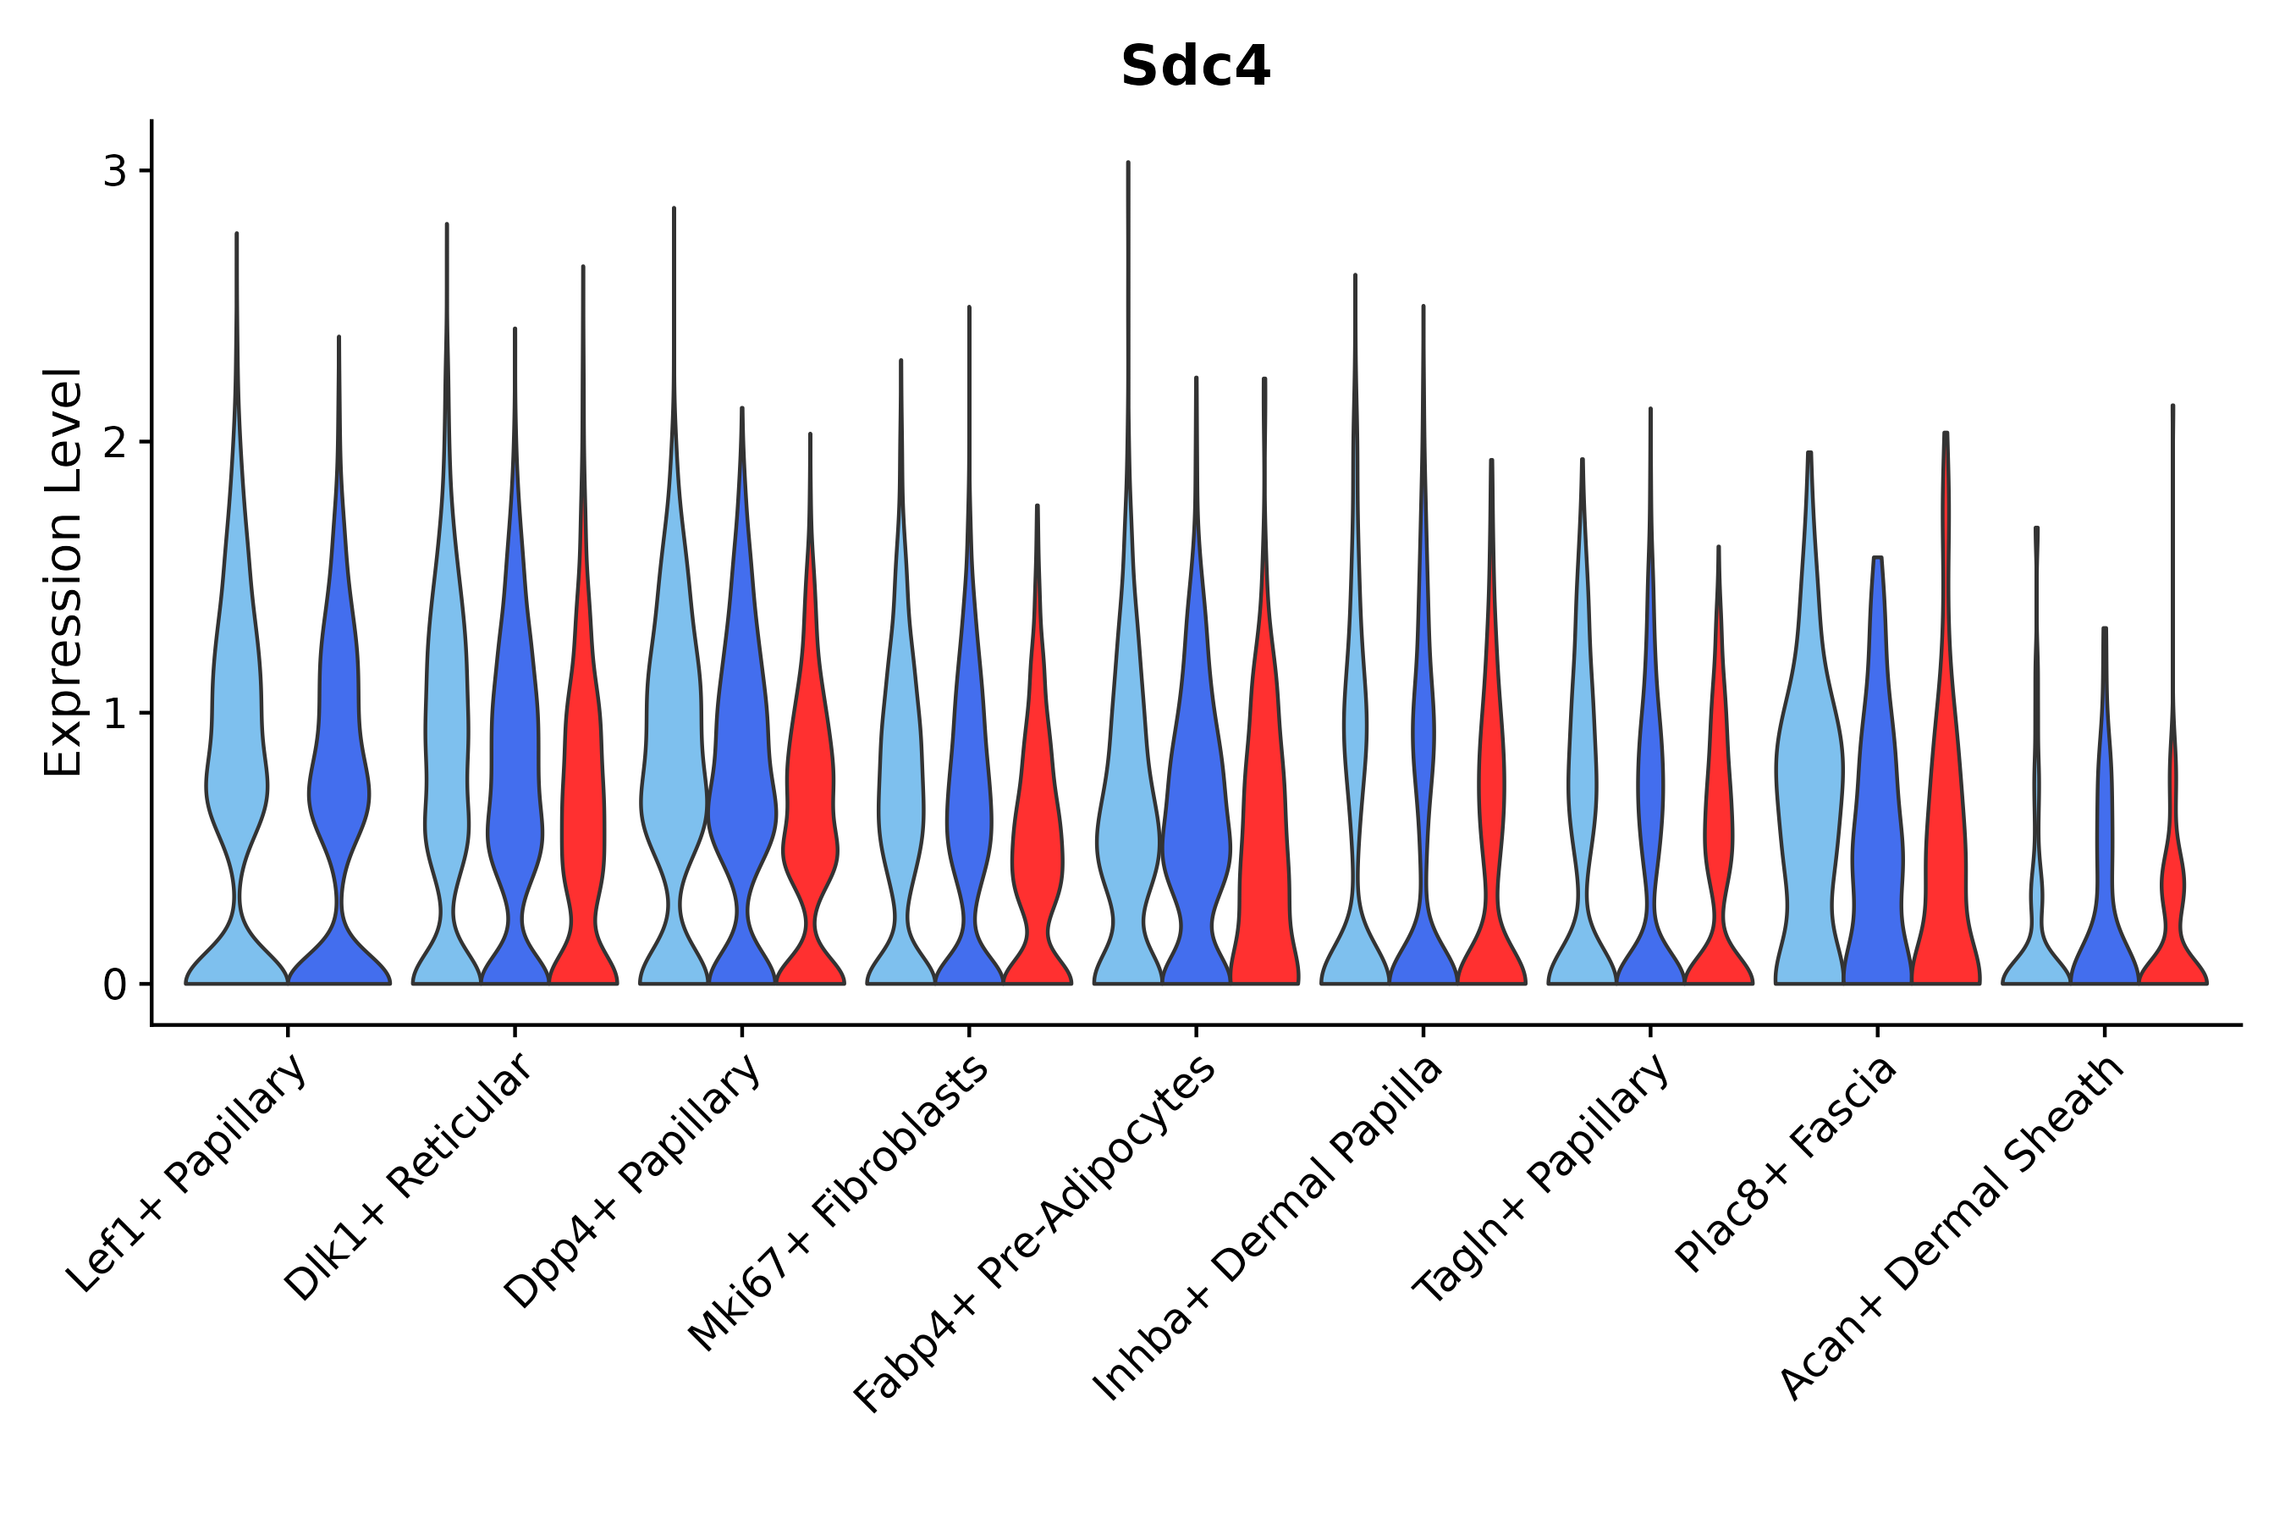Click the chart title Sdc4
[x=1195, y=66]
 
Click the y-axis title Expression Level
[x=63, y=572]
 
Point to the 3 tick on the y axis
[x=116, y=171]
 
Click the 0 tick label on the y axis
[x=116, y=985]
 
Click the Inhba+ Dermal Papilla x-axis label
[x=1269, y=1229]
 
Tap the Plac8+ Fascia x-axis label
[x=1786, y=1163]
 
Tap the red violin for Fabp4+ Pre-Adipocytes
[x=1264, y=826]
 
